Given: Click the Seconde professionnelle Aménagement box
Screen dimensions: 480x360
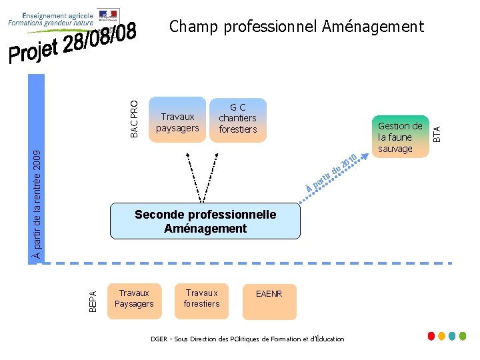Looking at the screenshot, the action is click(x=205, y=221).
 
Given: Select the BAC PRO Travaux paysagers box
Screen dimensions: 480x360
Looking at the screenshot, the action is click(x=177, y=122).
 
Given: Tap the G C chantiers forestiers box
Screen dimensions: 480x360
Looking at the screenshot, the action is click(x=237, y=119).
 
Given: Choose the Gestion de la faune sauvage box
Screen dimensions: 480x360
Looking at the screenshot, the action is click(x=400, y=137).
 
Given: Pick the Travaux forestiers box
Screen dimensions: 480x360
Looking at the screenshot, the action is click(x=201, y=299).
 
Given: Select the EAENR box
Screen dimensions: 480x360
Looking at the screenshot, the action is click(x=269, y=294).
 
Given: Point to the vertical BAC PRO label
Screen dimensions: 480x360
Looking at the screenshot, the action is click(x=134, y=119).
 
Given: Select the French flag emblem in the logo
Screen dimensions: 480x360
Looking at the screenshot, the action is click(x=108, y=14).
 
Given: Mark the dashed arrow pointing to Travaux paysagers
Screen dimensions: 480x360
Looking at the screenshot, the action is click(x=193, y=175).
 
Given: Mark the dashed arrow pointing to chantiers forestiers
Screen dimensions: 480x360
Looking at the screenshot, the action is click(x=211, y=175).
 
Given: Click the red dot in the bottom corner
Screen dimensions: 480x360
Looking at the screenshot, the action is click(x=431, y=336).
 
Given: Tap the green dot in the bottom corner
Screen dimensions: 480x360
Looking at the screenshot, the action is click(x=463, y=336).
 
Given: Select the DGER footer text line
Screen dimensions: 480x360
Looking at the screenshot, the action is click(x=247, y=339).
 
